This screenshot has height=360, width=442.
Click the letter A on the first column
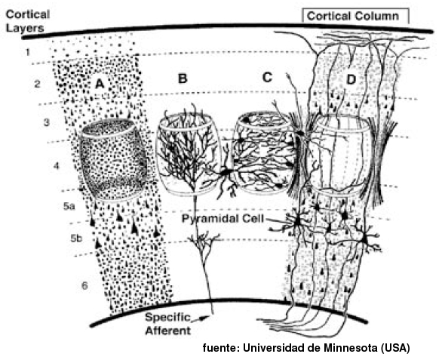point(100,83)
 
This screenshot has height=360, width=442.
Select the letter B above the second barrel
point(183,78)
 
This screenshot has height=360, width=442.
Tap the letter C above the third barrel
point(267,77)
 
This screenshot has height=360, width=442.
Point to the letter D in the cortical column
point(351,80)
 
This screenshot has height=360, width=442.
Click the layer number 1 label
point(28,52)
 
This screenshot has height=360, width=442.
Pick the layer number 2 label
point(37,84)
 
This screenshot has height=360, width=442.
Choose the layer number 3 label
point(46,122)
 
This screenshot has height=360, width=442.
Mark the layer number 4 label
point(57,166)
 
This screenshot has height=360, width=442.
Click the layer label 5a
point(69,206)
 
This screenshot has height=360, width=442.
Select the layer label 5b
point(76,238)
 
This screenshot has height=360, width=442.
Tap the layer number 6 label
point(84,286)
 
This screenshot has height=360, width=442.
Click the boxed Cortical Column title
point(353,16)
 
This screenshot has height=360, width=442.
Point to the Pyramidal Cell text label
point(223,219)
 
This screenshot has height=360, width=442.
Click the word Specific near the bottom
point(167,318)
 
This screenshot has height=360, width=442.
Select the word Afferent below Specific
point(168,331)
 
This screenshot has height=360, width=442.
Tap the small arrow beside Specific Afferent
point(201,318)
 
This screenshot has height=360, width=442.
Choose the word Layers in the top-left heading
point(25,28)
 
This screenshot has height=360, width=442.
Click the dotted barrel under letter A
point(113,160)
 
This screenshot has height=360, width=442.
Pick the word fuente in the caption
point(221,348)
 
